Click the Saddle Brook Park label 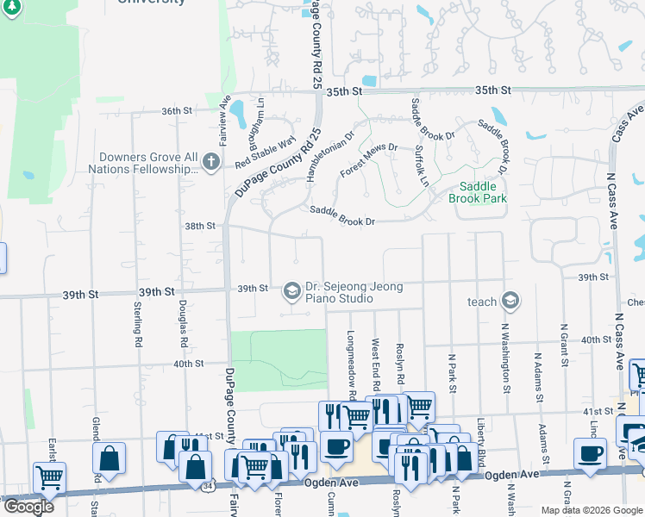point(477,191)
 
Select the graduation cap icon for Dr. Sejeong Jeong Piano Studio point(291,289)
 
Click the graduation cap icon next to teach point(510,301)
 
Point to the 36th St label point(175,111)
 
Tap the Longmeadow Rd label point(352,366)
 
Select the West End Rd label point(376,362)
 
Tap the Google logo point(28,507)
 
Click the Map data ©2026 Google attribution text point(591,510)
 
